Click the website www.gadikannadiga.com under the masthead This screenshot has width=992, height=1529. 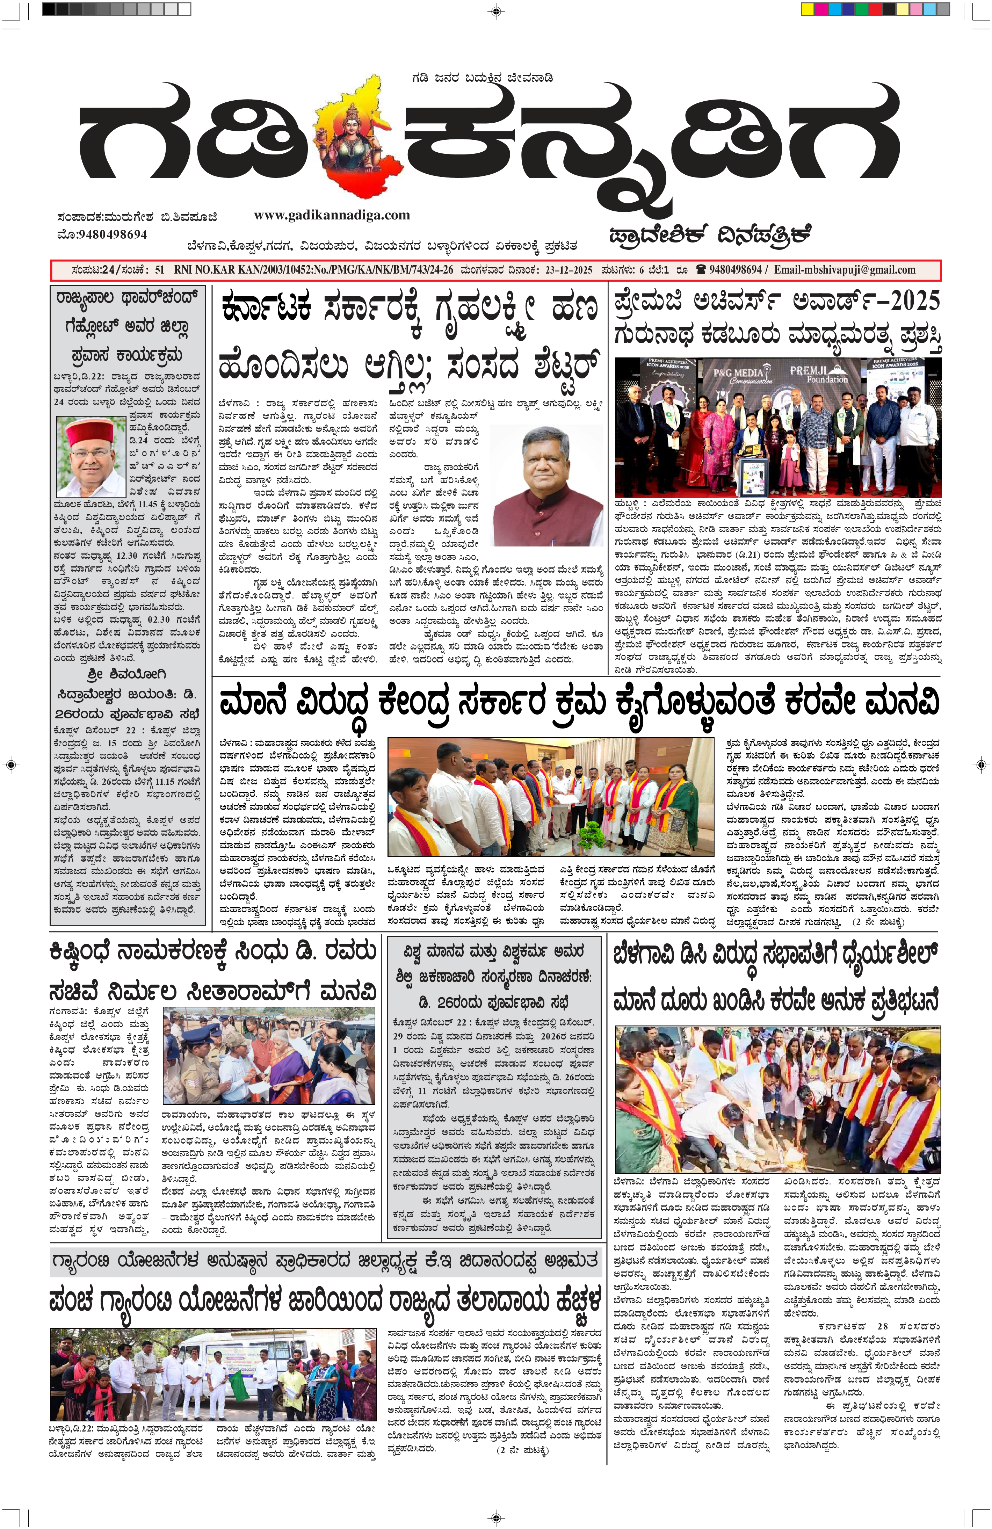(332, 215)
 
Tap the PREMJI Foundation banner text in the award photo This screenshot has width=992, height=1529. (819, 374)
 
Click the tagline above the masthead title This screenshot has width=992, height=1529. (482, 78)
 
